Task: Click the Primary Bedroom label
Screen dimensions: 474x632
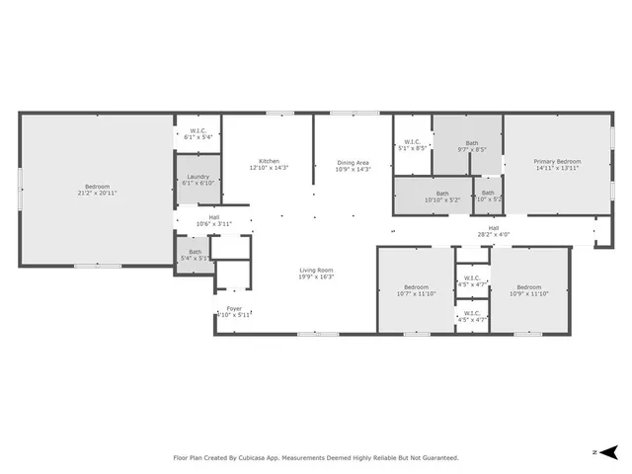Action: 557,161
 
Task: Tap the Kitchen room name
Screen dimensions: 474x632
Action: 269,161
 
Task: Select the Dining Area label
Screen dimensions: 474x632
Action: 353,162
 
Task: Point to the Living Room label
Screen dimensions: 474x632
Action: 317,270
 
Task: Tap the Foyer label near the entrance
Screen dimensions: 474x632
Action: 234,308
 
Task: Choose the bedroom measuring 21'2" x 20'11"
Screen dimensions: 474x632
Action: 97,190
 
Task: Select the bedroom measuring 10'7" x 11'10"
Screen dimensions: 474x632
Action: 415,287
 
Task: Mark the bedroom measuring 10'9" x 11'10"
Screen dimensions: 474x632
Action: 528,287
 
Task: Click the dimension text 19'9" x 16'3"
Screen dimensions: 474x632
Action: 317,276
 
